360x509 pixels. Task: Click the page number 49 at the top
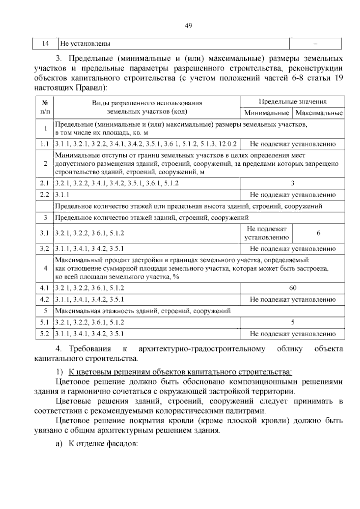pyautogui.click(x=188, y=26)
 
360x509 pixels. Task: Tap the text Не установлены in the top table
pyautogui.click(x=85, y=44)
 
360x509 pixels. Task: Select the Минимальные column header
pyautogui.click(x=266, y=113)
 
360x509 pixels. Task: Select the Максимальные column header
pyautogui.click(x=319, y=113)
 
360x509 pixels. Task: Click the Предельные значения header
pyautogui.click(x=292, y=102)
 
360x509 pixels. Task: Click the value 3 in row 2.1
pyautogui.click(x=292, y=183)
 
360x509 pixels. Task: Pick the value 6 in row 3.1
pyautogui.click(x=319, y=233)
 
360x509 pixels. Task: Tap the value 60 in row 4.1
pyautogui.click(x=292, y=288)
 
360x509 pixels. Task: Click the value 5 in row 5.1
pyautogui.click(x=292, y=322)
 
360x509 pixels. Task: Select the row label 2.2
pyautogui.click(x=44, y=195)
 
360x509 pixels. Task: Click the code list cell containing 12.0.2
pyautogui.click(x=146, y=144)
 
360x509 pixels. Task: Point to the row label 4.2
pyautogui.click(x=44, y=300)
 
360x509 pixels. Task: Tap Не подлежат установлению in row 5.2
pyautogui.click(x=292, y=334)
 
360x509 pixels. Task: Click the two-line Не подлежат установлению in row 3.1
pyautogui.click(x=266, y=233)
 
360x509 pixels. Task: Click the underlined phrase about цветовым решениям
pyautogui.click(x=180, y=372)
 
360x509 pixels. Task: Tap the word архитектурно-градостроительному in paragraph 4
pyautogui.click(x=202, y=349)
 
